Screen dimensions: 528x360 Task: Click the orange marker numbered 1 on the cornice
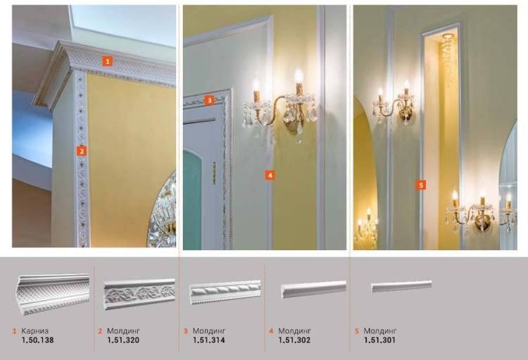click(x=108, y=61)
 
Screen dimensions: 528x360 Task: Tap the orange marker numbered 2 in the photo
click(x=82, y=151)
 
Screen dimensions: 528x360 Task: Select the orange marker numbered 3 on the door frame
click(x=210, y=100)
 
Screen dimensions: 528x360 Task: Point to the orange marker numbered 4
click(x=270, y=175)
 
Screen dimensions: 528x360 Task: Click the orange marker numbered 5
click(x=421, y=185)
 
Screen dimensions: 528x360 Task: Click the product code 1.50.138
click(x=38, y=340)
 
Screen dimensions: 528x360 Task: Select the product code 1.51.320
click(x=123, y=340)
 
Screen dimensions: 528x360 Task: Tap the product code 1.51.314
click(x=209, y=340)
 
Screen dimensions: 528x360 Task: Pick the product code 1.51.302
click(x=294, y=340)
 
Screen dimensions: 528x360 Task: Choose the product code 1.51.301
click(x=379, y=340)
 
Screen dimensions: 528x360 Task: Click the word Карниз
click(x=35, y=331)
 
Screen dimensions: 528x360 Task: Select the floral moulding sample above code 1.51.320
click(x=139, y=294)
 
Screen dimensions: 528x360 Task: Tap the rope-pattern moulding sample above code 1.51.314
click(x=225, y=292)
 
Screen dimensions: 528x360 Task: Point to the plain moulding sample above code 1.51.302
click(x=313, y=290)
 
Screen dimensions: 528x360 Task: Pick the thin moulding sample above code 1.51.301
click(x=401, y=286)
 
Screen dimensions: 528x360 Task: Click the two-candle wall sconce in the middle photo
click(x=280, y=106)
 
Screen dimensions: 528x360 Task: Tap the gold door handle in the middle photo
click(x=214, y=173)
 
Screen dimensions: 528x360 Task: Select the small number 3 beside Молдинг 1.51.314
click(x=186, y=331)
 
